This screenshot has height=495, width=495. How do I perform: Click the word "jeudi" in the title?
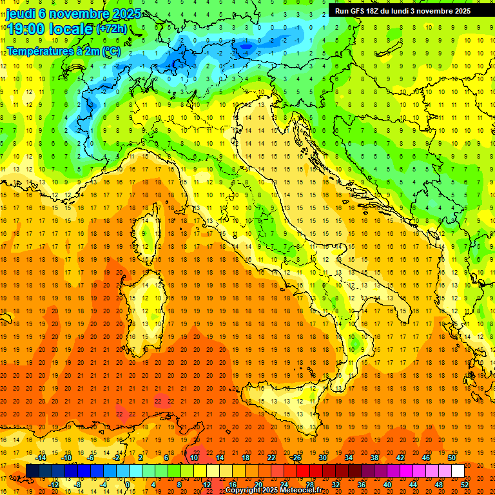point(20,14)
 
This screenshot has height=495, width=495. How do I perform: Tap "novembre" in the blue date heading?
point(75,14)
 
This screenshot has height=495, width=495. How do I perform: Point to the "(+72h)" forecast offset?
point(112,29)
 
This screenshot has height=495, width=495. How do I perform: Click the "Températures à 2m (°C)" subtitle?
point(63,50)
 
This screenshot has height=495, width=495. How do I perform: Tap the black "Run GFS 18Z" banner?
point(402,11)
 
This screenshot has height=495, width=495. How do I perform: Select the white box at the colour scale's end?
point(458,471)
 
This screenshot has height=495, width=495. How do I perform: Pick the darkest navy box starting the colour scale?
point(33,471)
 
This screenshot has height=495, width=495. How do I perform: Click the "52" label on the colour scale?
point(465,485)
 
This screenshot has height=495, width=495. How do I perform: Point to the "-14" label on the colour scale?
point(40,458)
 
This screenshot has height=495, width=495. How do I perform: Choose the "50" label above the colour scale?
point(451,458)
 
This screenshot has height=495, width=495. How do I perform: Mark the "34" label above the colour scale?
point(349,458)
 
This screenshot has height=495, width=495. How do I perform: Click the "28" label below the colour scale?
point(310,485)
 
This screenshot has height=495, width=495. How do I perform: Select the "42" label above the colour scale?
point(400,458)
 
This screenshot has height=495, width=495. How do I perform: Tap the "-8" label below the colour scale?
point(78,485)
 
